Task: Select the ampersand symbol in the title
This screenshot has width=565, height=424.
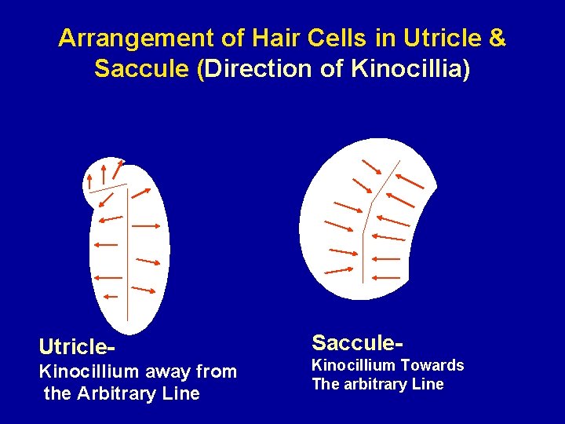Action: tap(497, 38)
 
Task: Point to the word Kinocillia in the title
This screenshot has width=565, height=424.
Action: tap(407, 69)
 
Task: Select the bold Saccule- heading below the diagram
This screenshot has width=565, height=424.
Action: tap(358, 343)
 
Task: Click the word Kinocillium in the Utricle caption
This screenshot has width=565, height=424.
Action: tap(88, 371)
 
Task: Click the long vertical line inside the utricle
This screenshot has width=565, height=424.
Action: tap(128, 259)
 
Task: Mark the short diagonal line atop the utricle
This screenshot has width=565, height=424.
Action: tap(108, 188)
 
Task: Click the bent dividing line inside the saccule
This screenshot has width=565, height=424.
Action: tap(363, 236)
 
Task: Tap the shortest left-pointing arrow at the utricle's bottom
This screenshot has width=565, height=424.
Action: tap(110, 297)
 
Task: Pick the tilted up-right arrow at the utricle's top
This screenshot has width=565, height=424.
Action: tap(118, 167)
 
